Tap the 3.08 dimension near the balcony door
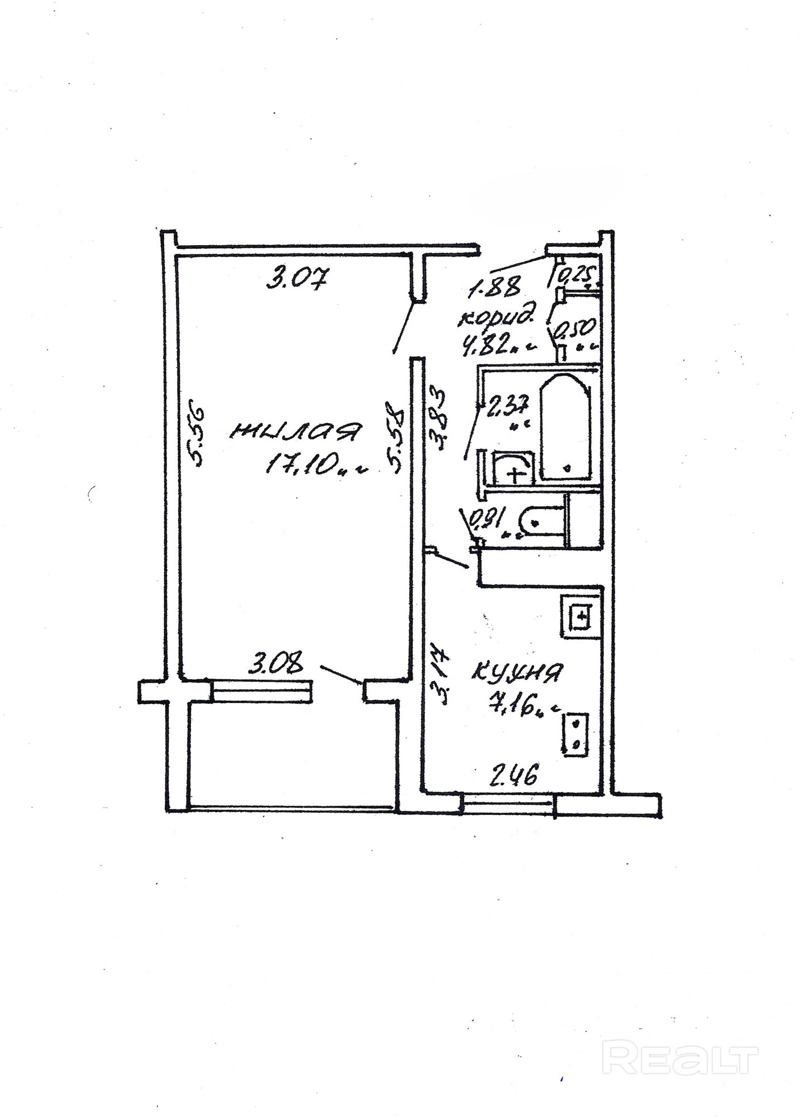click(277, 665)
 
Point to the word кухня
click(517, 672)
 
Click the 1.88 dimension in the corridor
click(494, 288)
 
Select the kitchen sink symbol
click(581, 617)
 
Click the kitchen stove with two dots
click(575, 734)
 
